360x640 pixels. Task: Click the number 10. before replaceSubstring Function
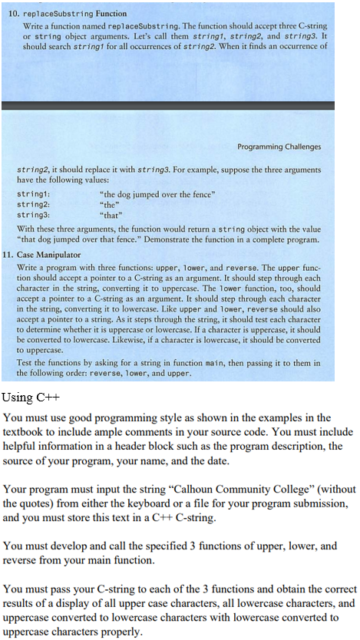(15, 14)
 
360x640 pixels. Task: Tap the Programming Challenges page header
(279, 147)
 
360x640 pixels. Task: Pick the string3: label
(31, 205)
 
